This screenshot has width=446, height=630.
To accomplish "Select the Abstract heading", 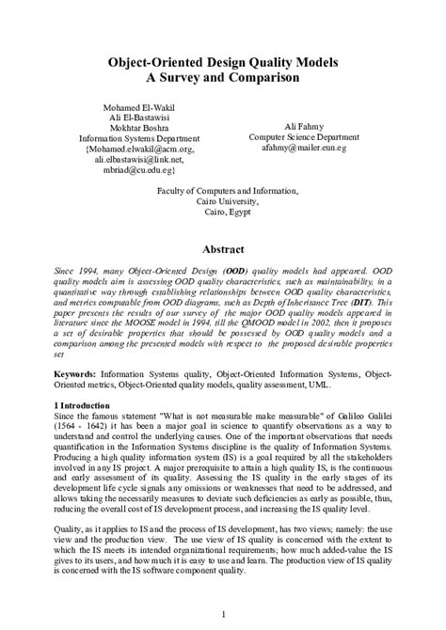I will (223, 249).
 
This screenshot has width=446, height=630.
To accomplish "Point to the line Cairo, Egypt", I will (223, 213).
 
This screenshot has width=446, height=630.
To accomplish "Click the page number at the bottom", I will (222, 613).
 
